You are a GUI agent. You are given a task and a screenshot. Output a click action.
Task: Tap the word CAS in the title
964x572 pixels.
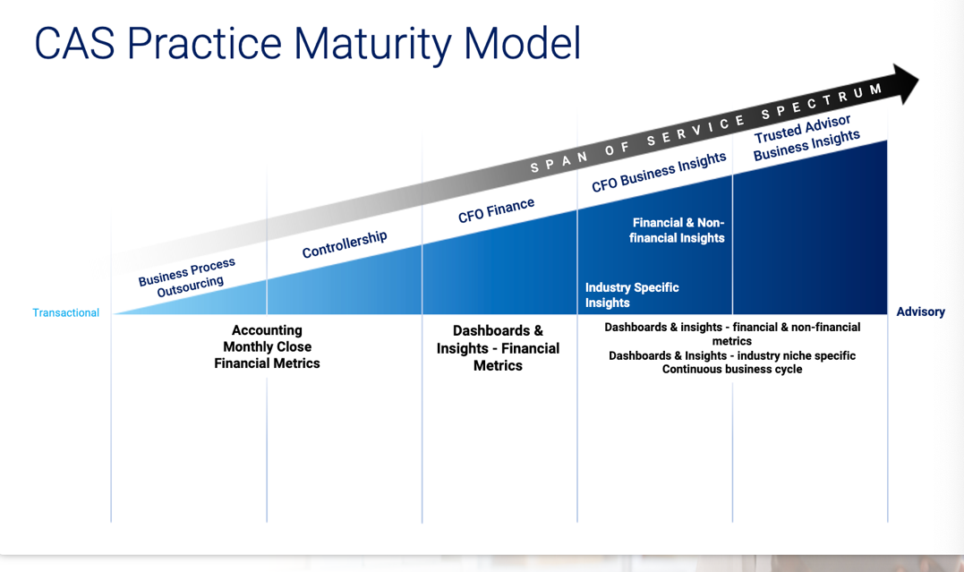click(x=74, y=43)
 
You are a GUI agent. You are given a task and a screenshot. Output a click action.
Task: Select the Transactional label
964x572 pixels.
click(x=65, y=312)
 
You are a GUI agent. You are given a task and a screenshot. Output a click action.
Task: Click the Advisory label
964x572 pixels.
click(x=920, y=312)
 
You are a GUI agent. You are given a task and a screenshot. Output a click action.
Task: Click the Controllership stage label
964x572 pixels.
click(x=345, y=244)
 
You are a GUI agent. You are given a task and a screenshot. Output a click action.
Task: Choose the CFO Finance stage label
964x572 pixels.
click(x=496, y=210)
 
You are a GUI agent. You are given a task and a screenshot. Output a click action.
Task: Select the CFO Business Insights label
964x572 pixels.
click(x=659, y=172)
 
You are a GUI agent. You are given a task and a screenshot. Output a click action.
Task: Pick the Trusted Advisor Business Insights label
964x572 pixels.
click(x=806, y=138)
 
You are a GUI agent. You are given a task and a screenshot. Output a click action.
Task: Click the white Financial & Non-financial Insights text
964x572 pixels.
click(x=677, y=230)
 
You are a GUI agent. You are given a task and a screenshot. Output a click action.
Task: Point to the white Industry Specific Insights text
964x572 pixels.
click(x=632, y=295)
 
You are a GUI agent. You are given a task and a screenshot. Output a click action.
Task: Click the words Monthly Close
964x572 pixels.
click(x=268, y=347)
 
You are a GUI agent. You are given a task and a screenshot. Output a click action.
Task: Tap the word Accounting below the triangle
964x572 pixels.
click(x=267, y=330)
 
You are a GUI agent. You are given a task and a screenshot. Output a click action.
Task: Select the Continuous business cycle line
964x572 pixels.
click(x=732, y=369)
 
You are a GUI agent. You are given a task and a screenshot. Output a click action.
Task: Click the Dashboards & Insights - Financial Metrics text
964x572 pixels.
click(x=498, y=348)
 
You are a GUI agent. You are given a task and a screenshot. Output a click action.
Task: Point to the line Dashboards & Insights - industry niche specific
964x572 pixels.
click(x=732, y=355)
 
